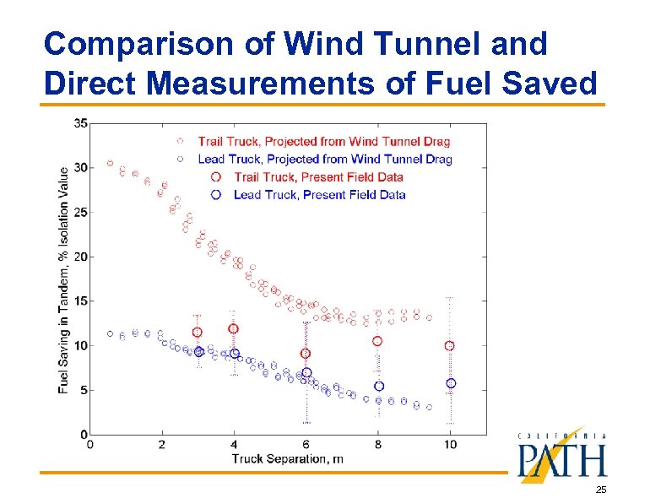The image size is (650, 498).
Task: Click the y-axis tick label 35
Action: click(x=80, y=123)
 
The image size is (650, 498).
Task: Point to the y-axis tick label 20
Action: click(x=80, y=257)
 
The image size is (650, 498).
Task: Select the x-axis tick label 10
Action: click(x=450, y=446)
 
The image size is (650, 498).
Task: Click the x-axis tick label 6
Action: click(x=306, y=446)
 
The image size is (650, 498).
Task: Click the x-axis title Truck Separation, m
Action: click(x=287, y=459)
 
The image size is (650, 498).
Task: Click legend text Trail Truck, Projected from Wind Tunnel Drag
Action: click(x=324, y=141)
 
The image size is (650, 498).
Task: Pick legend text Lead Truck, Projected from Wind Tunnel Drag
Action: click(x=325, y=159)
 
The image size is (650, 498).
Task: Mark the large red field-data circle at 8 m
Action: click(x=378, y=341)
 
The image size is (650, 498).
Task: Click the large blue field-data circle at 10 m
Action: click(x=451, y=383)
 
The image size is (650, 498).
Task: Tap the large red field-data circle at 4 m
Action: click(x=234, y=328)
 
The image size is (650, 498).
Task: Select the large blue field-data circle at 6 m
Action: click(x=306, y=372)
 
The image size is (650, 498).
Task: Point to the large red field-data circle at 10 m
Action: click(x=450, y=346)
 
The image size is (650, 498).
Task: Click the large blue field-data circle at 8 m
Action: click(x=379, y=386)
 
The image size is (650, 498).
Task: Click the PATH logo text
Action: click(x=561, y=460)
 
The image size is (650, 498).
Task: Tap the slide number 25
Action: click(x=600, y=490)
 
